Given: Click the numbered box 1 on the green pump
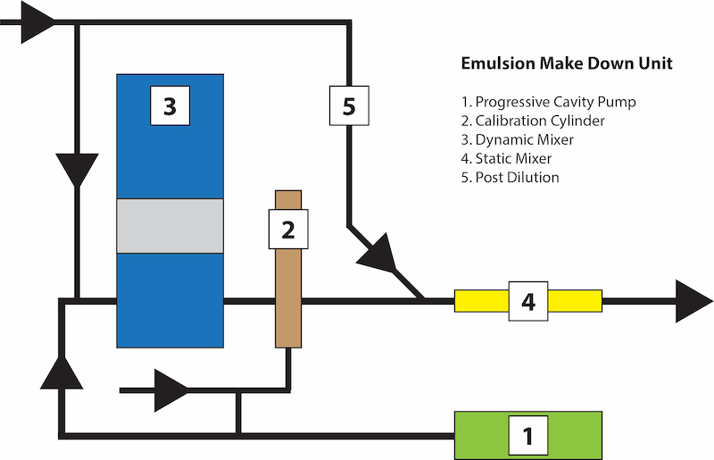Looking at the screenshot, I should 527,436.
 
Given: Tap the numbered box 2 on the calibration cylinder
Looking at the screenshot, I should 287,230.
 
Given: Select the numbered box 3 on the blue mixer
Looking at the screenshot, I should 170,106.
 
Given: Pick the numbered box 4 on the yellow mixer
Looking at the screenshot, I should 527,301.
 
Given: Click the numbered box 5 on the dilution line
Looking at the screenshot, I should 349,105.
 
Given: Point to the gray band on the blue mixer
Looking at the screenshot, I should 170,225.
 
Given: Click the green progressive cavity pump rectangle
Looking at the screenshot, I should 482,436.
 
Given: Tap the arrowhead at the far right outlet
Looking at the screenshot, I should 693,301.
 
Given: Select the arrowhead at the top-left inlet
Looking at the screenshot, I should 37,25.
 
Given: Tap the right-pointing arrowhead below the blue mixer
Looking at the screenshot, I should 172,390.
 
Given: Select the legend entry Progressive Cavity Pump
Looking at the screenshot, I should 556,102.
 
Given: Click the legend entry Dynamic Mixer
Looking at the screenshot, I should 524,139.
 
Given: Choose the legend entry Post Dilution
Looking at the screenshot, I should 517,177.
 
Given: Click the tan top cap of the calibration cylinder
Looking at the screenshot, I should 287,200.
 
